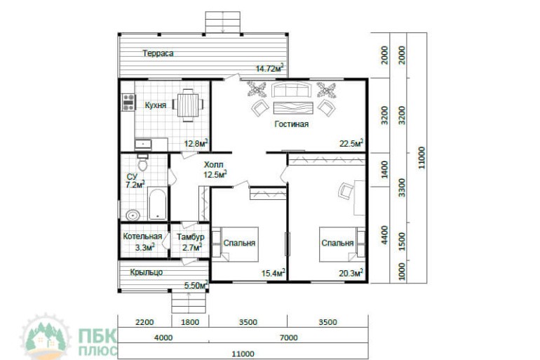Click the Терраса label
click(158, 53)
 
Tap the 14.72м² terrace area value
click(270, 68)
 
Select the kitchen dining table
click(188, 105)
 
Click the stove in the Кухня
click(128, 102)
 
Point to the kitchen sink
click(143, 144)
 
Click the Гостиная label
click(291, 124)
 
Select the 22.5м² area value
click(351, 143)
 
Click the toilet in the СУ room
click(142, 164)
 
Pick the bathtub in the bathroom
click(157, 204)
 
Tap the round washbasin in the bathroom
click(133, 215)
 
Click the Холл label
click(213, 164)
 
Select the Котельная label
click(142, 236)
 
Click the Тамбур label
click(191, 237)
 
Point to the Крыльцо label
click(147, 272)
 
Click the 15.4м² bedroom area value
click(273, 273)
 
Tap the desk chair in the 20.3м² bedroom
click(346, 190)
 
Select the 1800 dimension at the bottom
click(190, 322)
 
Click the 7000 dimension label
click(289, 338)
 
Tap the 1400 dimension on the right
click(385, 169)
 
